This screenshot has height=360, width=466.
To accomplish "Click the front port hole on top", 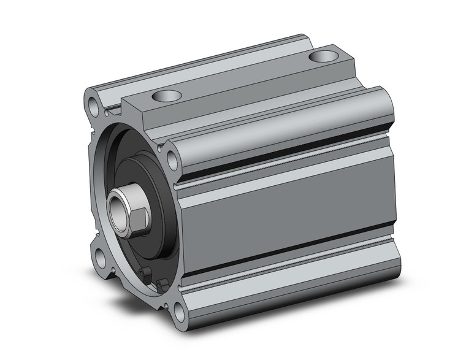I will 167,96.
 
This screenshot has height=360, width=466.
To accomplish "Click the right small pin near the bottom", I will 162,285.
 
